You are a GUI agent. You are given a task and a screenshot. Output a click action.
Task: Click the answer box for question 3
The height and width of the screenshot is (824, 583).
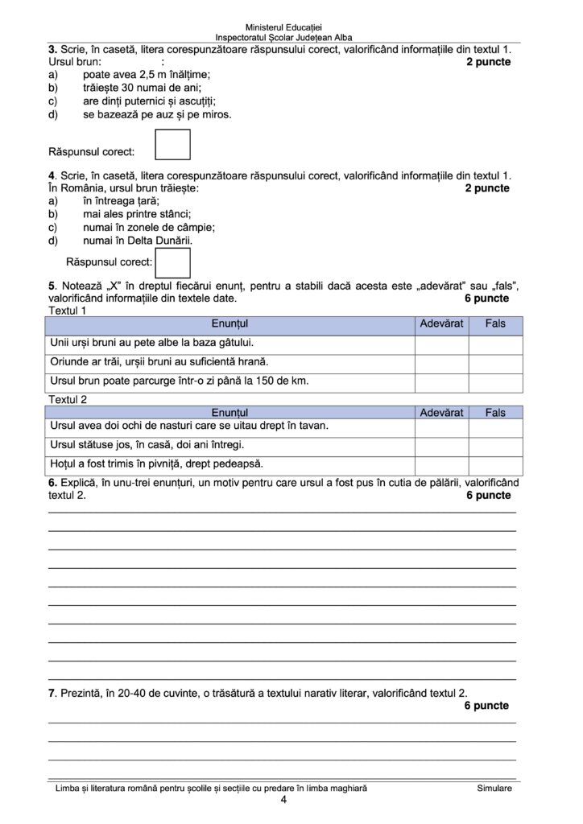point(172,145)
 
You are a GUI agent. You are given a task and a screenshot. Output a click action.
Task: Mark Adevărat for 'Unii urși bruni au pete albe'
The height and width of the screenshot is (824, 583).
point(441,344)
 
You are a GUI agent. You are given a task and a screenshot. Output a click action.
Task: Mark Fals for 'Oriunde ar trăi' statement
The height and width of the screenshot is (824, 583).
point(495,363)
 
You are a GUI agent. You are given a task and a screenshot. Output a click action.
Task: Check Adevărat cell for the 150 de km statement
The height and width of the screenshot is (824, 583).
point(441,381)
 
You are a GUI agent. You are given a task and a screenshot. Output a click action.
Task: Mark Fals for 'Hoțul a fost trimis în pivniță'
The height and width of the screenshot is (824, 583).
point(495,464)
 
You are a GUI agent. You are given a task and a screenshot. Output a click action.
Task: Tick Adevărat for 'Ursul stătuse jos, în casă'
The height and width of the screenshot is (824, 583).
point(441,446)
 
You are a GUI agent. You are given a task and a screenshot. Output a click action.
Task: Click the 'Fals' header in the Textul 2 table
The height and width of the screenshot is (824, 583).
point(495,412)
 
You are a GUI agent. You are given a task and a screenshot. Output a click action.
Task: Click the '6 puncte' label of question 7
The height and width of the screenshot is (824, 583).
point(486,706)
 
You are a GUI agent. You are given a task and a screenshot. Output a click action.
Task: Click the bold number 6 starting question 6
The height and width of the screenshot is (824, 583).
point(52,483)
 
